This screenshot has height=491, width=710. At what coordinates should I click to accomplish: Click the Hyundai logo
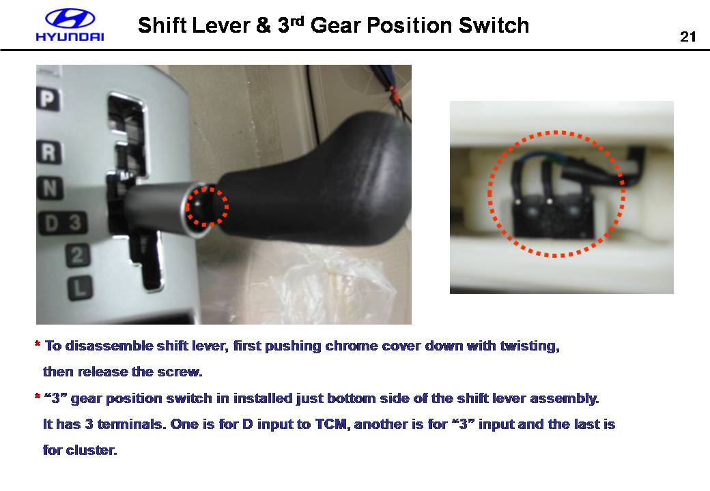70,25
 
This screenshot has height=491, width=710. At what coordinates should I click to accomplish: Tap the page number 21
688,37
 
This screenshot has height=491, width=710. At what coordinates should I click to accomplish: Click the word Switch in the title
494,25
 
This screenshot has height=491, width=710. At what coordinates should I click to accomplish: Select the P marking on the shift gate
47,99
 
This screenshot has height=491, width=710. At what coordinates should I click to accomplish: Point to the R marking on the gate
49,153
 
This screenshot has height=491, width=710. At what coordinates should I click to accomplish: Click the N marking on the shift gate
51,188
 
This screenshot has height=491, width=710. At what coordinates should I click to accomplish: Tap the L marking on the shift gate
81,288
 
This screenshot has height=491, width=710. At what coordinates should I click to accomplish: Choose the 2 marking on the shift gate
78,256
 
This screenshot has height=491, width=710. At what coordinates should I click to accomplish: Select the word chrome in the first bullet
352,346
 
